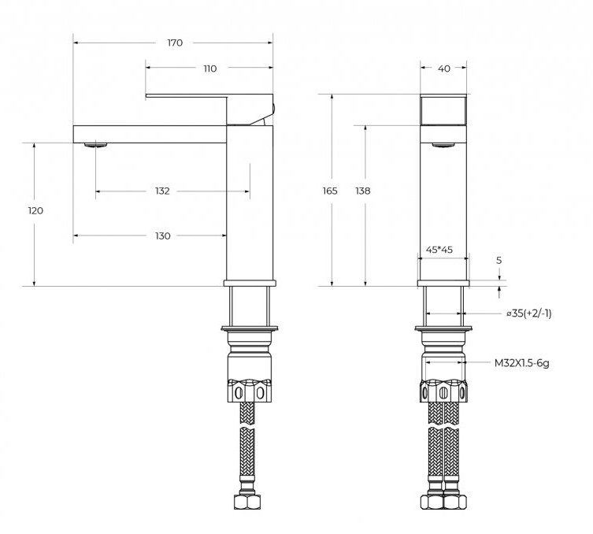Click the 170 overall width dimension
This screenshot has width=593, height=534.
[175, 43]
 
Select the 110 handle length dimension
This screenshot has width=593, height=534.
[210, 69]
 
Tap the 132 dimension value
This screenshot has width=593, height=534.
[162, 191]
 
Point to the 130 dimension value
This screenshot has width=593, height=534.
[162, 236]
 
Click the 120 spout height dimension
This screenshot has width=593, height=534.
[35, 210]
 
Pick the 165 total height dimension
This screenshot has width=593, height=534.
[330, 191]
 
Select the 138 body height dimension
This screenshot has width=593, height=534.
[363, 191]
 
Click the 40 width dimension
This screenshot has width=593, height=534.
[444, 69]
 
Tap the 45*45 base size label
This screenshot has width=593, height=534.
[439, 250]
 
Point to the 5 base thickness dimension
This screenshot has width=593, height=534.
[498, 260]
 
